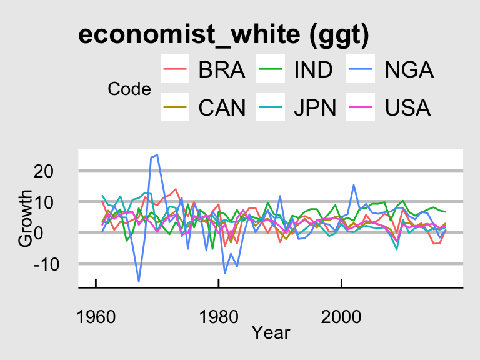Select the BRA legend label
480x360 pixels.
[x=221, y=69]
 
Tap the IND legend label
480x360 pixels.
[x=314, y=69]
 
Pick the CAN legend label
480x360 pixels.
[x=221, y=108]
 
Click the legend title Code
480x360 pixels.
[x=129, y=89]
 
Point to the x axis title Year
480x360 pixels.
[x=271, y=332]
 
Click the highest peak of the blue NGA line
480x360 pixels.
[x=157, y=155]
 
